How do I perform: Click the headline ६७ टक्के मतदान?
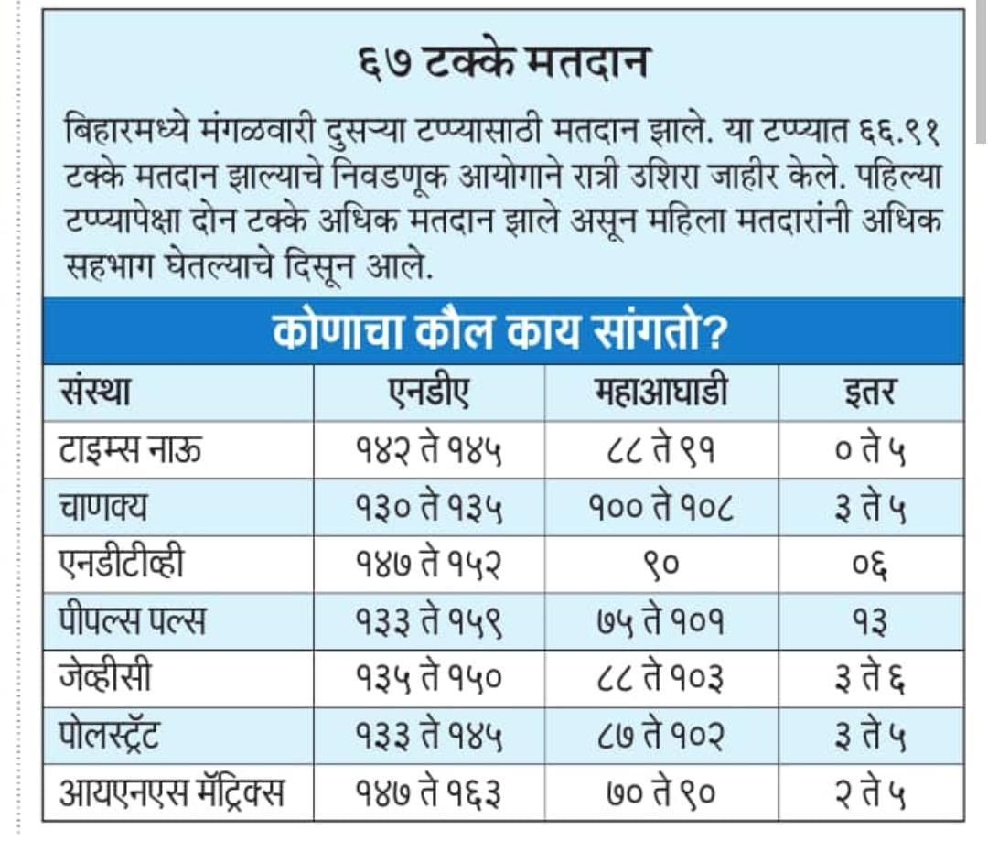(x=503, y=64)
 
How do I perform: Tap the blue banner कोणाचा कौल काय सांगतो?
(x=502, y=333)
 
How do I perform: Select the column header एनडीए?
(x=429, y=393)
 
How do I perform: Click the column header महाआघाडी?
(x=660, y=393)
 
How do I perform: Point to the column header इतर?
(x=870, y=393)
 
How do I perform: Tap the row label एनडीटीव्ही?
(x=122, y=564)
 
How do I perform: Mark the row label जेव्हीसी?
(x=106, y=678)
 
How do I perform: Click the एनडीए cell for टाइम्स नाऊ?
(x=429, y=449)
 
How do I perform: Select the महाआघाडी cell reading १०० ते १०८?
(x=660, y=507)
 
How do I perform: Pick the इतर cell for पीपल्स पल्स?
(x=870, y=621)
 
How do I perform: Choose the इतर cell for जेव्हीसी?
(x=870, y=678)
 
